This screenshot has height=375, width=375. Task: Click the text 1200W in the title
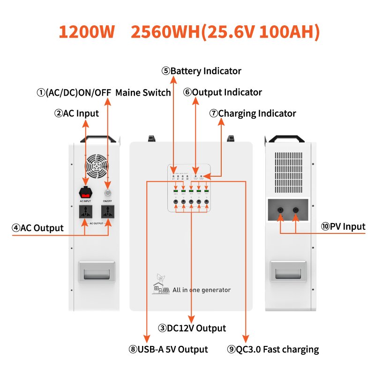pos(87,31)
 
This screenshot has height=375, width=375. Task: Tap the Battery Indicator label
pos(202,71)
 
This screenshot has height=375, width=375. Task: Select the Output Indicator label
pos(223,92)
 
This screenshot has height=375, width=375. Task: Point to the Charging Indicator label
pos(253,113)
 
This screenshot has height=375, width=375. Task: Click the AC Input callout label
pos(77,113)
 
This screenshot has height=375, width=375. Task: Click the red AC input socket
pos(85,192)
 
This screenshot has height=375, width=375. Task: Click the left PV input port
pos(280,210)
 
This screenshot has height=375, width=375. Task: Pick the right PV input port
pos(296,210)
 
